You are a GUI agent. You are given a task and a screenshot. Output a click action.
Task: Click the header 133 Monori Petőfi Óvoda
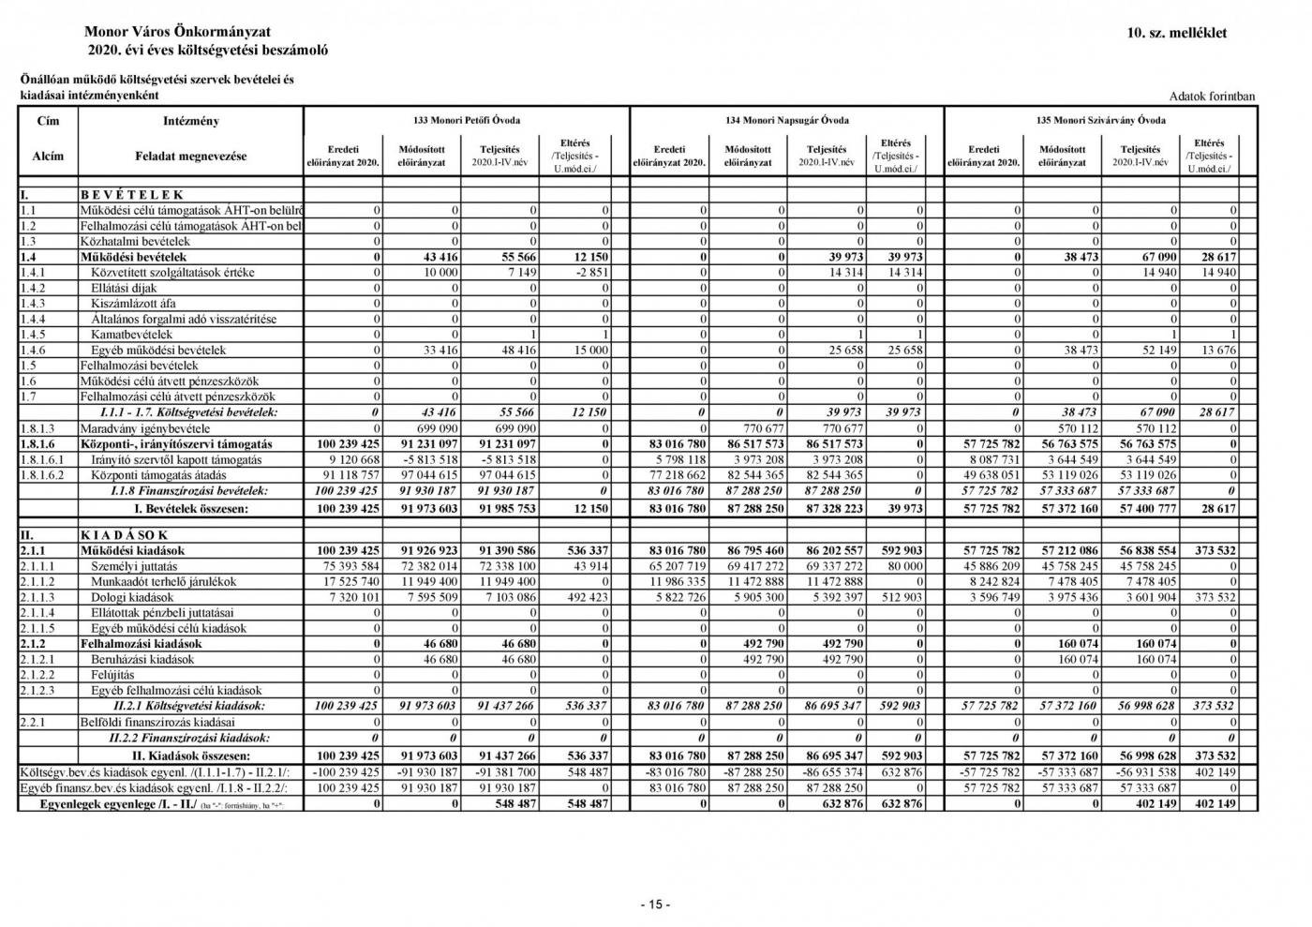click(467, 120)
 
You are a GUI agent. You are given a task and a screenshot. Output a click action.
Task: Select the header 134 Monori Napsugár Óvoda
click(787, 120)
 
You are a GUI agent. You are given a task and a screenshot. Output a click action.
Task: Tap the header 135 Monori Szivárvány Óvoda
click(1101, 120)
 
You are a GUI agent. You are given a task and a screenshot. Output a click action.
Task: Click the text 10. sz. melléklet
click(1177, 33)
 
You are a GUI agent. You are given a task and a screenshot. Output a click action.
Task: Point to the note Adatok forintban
click(1212, 97)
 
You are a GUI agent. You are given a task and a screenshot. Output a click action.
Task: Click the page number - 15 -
click(655, 905)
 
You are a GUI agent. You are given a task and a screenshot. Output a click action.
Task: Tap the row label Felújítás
click(112, 675)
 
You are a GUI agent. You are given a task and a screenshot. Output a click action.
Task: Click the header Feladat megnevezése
click(190, 157)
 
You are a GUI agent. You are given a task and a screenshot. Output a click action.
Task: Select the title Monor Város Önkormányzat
click(177, 33)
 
